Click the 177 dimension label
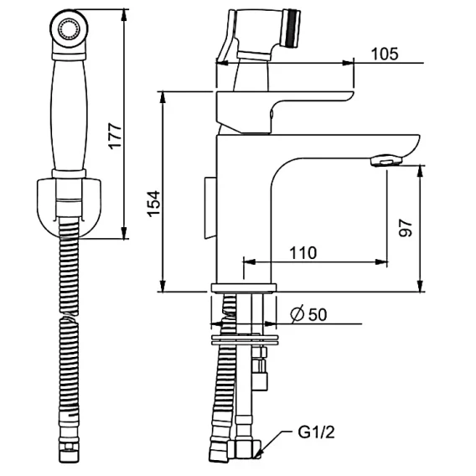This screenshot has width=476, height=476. (x=116, y=136)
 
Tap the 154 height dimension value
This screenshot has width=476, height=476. (x=154, y=204)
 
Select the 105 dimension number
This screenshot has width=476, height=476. (x=385, y=54)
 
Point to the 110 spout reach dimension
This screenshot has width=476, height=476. (x=303, y=252)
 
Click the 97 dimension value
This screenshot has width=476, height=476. (x=406, y=228)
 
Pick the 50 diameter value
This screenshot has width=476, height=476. (x=318, y=314)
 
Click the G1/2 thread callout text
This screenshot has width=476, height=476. (x=316, y=432)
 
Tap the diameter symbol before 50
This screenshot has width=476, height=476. (x=297, y=314)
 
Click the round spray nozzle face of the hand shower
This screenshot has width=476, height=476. (x=70, y=29)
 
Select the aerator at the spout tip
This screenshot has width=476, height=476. (x=386, y=160)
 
